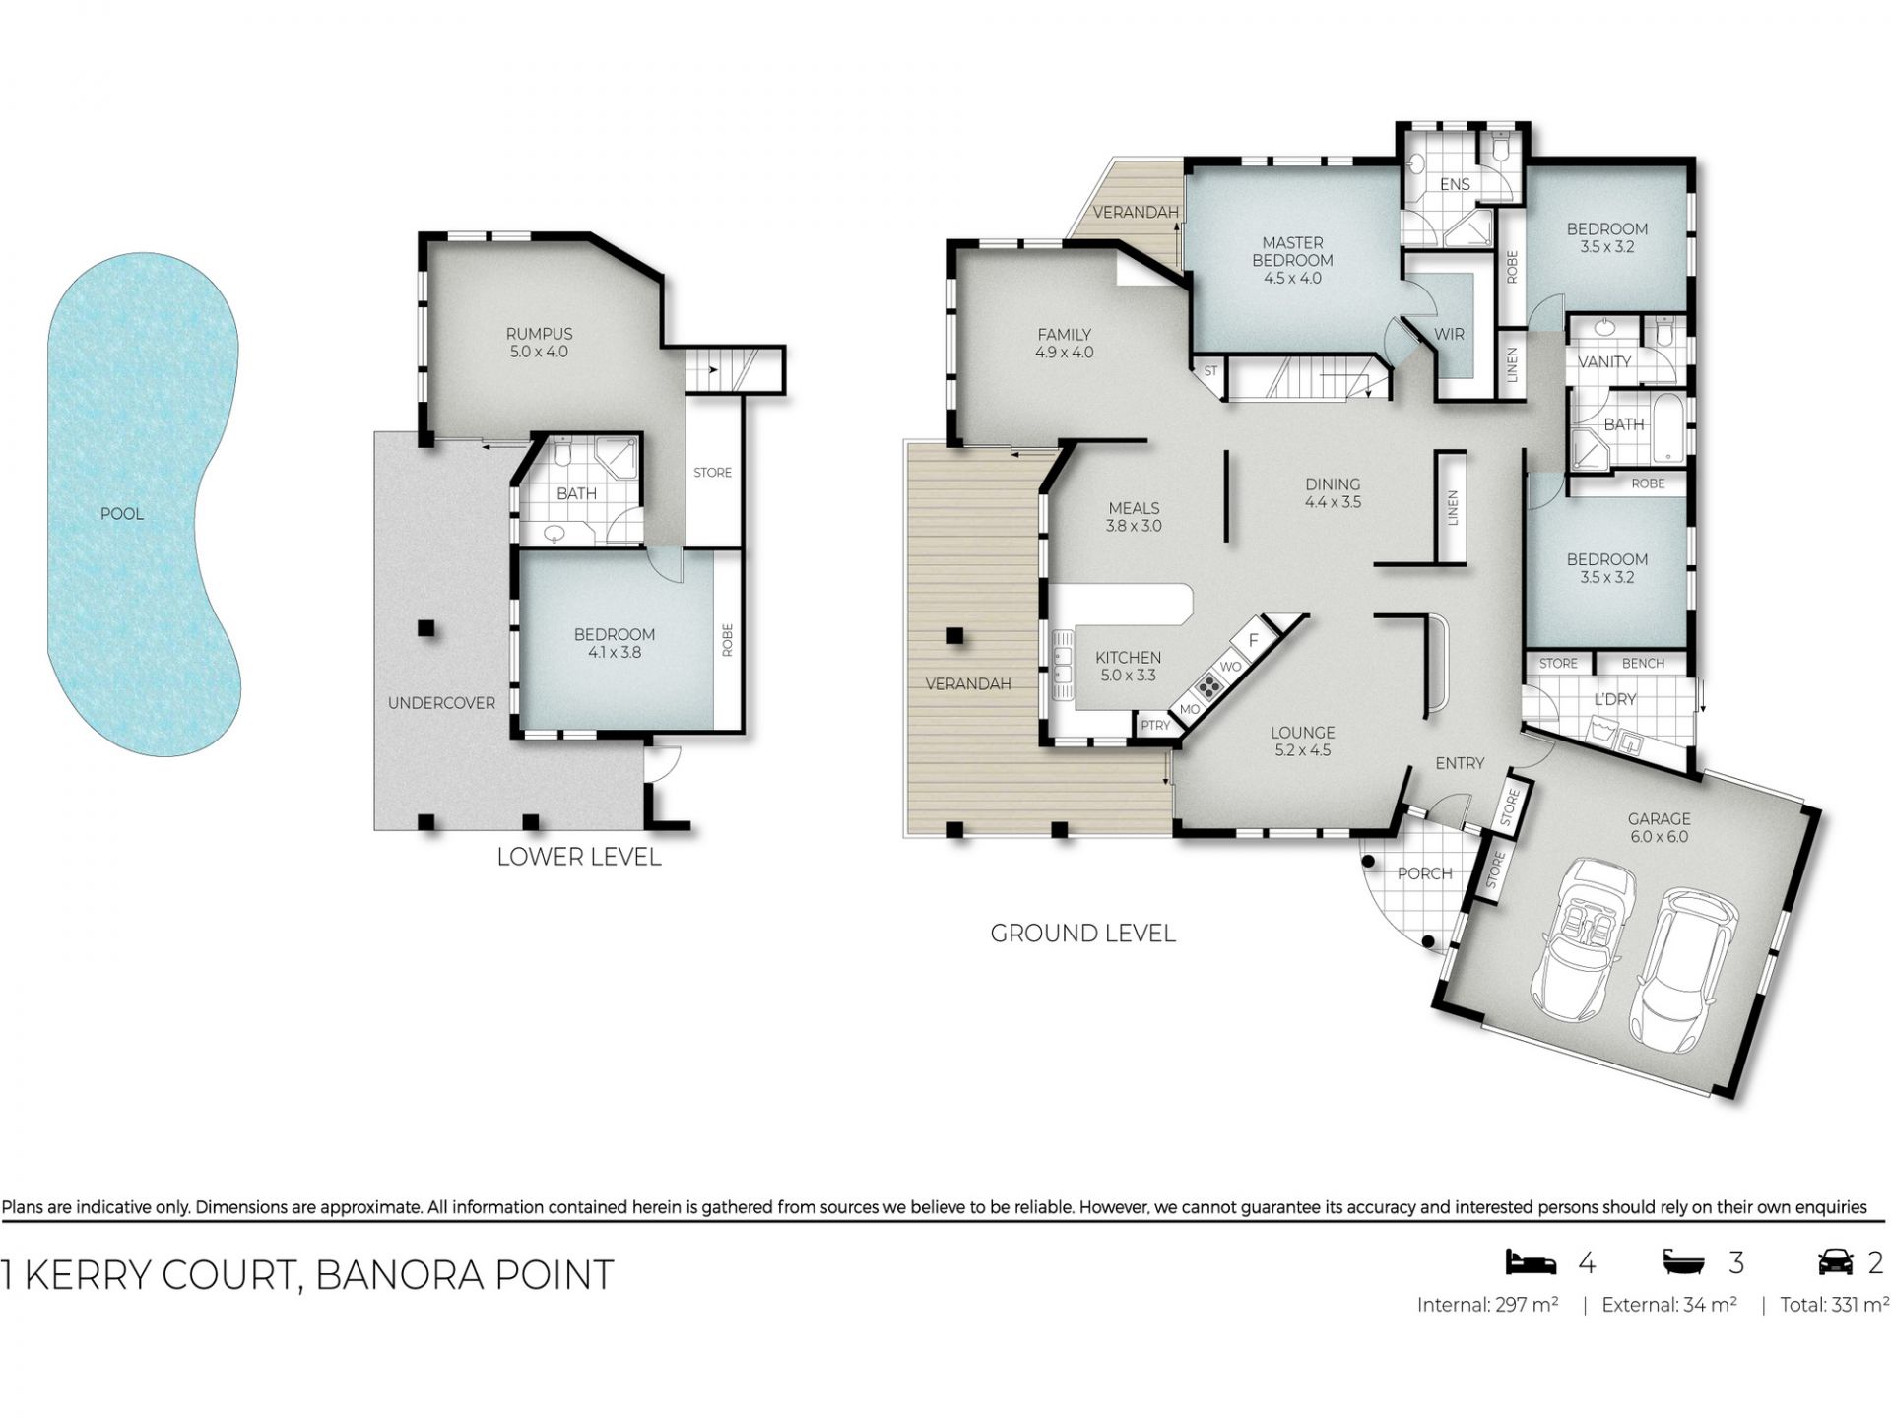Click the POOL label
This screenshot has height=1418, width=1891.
coord(121,514)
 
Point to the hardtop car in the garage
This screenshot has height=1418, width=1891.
coord(1683,971)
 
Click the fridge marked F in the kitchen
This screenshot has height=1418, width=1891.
coord(1254,640)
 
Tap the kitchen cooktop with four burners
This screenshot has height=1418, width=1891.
coord(1208,685)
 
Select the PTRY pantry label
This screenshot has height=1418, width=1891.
coord(1155,726)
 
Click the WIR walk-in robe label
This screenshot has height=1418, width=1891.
coord(1449,335)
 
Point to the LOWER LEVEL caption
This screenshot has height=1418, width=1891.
coord(579,857)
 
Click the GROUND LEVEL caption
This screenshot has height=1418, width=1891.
coord(1082,934)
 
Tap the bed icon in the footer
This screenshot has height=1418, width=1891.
coord(1531,1261)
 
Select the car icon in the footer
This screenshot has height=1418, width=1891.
coord(1835,1261)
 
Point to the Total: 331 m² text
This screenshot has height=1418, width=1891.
coord(1834,1305)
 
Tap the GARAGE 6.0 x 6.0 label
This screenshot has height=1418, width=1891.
coord(1659,828)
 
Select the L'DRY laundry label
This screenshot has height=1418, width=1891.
coord(1614,699)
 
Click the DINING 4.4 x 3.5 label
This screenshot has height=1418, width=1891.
coord(1333,493)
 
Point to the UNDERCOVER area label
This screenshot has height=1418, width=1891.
coord(441,703)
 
